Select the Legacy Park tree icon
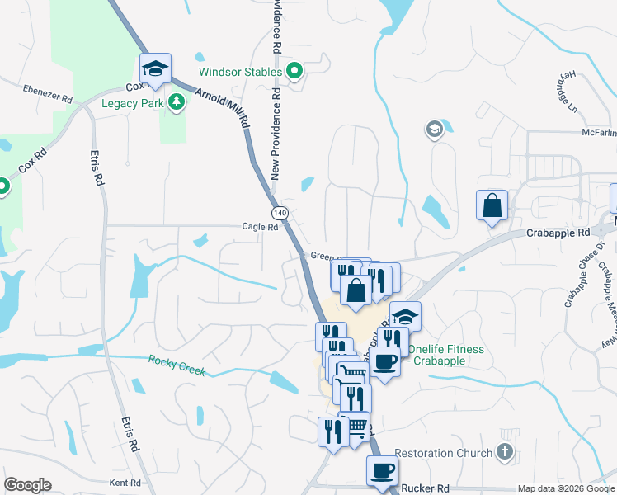176,102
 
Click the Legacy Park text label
132,104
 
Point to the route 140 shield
281,213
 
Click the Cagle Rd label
260,227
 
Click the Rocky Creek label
177,365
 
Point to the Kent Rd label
125,482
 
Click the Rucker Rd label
425,488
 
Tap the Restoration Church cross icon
506,452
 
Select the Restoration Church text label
446,453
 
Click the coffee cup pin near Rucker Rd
382,471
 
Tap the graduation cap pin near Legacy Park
154,69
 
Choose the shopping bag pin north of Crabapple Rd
492,206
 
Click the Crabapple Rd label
558,233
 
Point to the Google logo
27,485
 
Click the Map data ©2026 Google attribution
566,488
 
